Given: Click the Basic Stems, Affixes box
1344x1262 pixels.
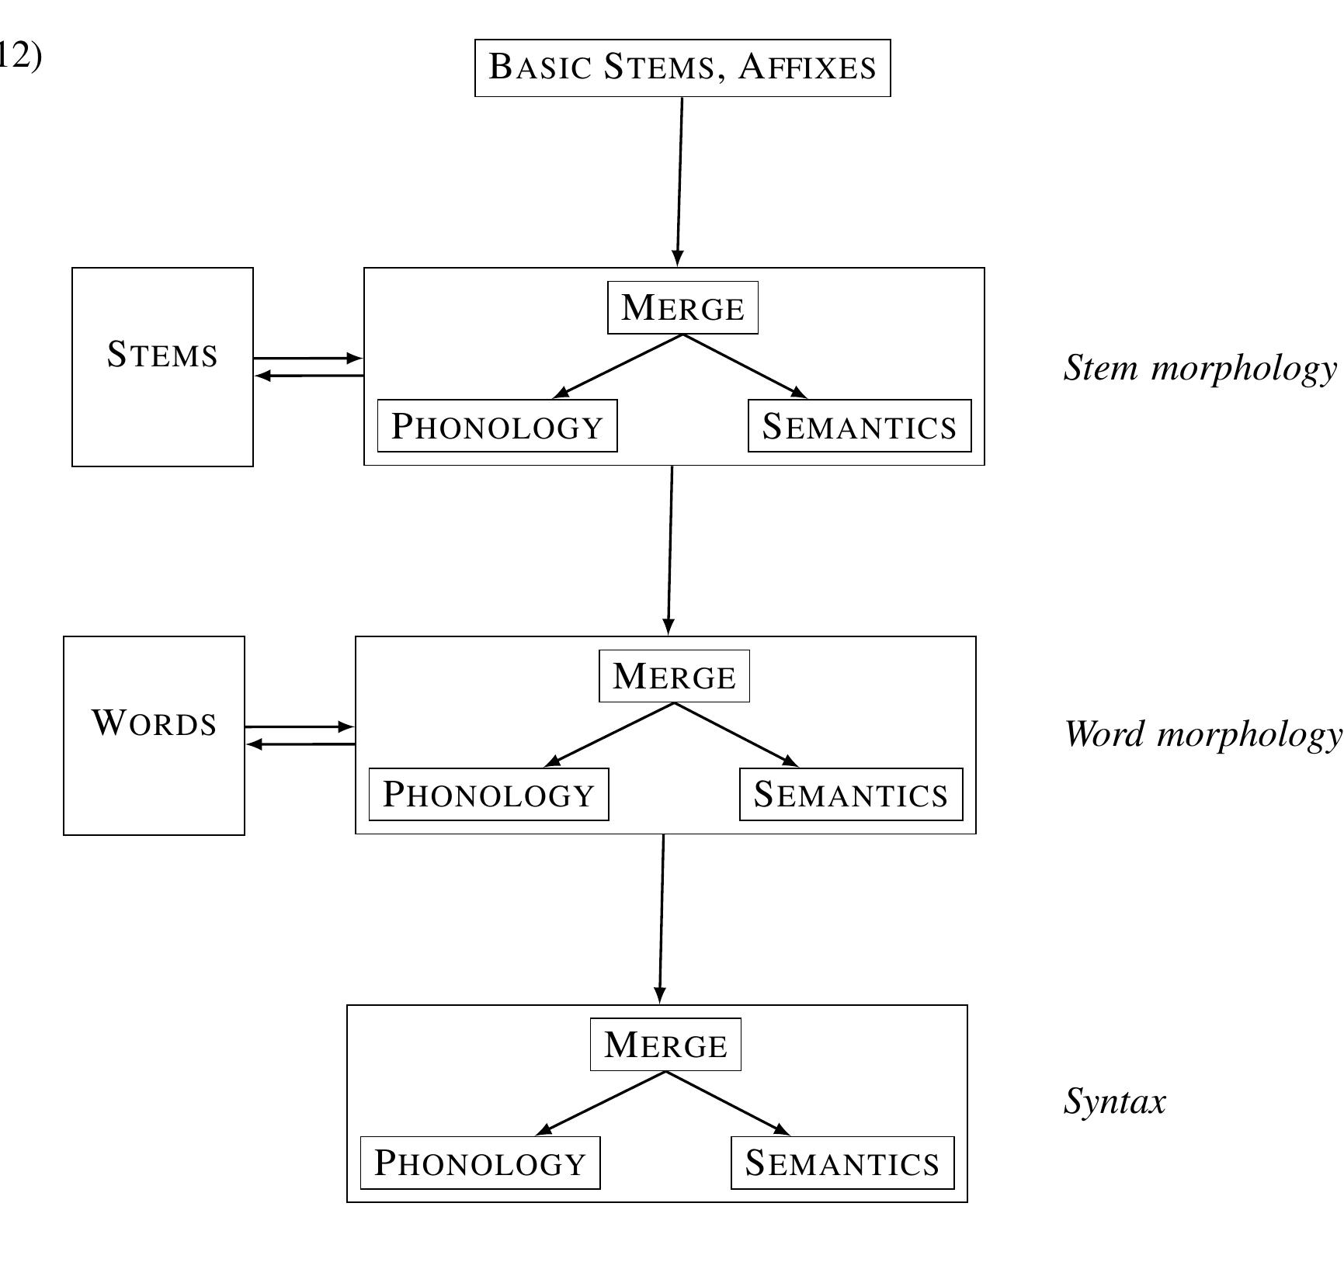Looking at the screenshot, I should click(x=682, y=68).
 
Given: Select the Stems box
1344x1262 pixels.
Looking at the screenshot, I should click(x=162, y=366).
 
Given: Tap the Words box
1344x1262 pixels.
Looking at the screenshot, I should click(x=154, y=735).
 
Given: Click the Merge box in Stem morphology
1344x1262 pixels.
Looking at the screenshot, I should click(x=682, y=308).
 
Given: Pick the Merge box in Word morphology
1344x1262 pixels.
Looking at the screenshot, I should click(x=674, y=676).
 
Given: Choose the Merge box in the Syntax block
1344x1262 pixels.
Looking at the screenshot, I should click(x=665, y=1045).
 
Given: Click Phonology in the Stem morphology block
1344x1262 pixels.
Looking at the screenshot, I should click(x=497, y=426).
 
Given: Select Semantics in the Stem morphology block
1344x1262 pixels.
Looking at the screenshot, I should click(x=860, y=426).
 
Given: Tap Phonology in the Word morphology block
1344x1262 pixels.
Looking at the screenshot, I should click(x=488, y=794).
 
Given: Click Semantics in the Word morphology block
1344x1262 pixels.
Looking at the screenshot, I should click(x=851, y=794).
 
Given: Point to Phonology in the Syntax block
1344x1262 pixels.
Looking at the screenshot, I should click(x=480, y=1163).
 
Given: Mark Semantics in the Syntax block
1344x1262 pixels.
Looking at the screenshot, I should click(x=842, y=1163).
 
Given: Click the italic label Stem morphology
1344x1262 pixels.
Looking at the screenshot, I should click(x=1200, y=367).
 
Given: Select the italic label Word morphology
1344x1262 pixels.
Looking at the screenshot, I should click(x=1202, y=733).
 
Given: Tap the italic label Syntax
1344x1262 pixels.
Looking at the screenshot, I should click(x=1114, y=1101).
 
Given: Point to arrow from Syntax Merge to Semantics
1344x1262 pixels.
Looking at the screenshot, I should click(x=728, y=1103).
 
